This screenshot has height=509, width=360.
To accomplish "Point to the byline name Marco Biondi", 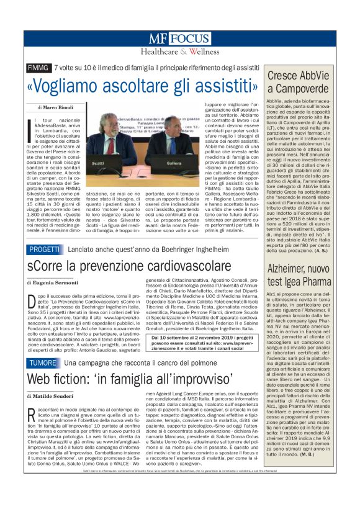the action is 60,107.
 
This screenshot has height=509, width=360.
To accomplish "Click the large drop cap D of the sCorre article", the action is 32,302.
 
